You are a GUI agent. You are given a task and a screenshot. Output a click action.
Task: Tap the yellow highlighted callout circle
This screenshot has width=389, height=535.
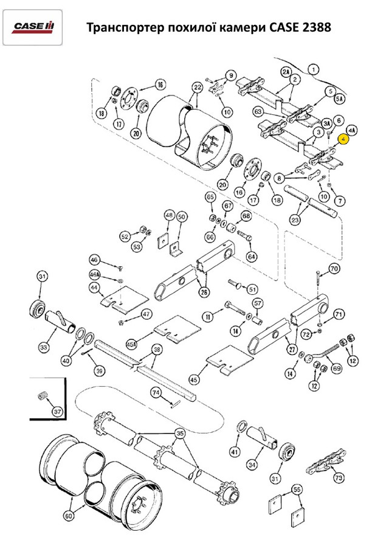coord(344,139)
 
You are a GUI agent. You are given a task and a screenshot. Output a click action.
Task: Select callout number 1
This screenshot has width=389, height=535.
coord(313,69)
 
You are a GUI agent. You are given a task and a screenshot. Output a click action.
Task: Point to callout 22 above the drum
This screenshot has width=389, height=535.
coord(196,88)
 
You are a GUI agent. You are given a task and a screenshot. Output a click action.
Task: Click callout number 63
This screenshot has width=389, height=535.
coord(258,112)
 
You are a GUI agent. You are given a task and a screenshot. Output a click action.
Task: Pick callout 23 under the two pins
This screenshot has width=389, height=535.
coord(297,220)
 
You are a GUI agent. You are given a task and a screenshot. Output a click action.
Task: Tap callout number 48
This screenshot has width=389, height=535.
coord(169,216)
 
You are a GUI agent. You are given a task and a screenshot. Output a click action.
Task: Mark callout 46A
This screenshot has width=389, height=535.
coord(94,274)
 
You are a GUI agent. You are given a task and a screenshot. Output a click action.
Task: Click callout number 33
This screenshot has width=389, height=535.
coord(43,347)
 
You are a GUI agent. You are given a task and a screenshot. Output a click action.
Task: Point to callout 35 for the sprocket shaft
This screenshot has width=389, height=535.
coord(179,433)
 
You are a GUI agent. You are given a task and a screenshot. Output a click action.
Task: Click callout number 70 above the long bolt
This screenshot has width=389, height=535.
coord(334,269)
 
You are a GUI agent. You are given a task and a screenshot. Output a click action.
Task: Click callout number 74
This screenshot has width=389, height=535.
coord(156,393)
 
